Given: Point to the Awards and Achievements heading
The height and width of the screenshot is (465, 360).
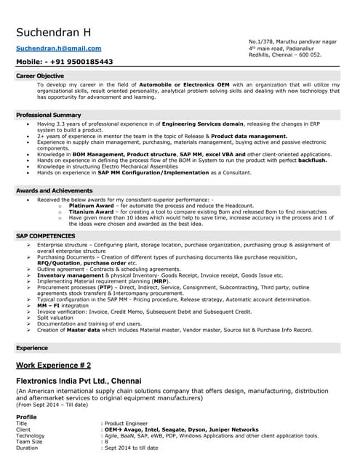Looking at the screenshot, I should [54, 190].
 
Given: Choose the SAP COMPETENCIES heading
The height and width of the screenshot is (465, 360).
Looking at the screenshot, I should [45, 236].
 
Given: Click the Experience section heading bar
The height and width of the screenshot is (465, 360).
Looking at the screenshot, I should [32, 348].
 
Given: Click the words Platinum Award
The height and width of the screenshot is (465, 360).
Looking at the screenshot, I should [91, 206].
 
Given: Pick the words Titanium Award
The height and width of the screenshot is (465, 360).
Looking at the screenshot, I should [90, 211].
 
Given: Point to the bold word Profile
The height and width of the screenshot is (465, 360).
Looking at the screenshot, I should [26, 416].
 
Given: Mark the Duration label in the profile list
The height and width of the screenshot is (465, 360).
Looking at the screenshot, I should [26, 448].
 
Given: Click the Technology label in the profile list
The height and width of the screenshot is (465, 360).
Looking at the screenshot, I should [31, 435].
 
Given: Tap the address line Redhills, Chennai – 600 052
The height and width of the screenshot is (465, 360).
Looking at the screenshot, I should [284, 55].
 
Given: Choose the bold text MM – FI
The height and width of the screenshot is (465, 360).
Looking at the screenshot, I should [48, 306].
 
